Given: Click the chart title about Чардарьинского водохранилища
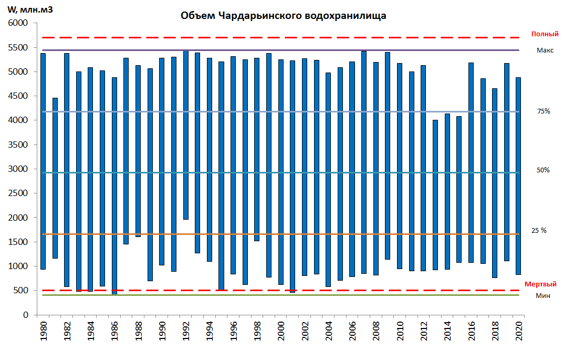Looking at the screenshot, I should pos(283,16).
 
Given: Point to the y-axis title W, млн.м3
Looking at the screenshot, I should pos(30,9).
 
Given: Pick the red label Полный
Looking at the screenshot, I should pos(545,34).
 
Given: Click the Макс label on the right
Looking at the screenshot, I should pos(545,50).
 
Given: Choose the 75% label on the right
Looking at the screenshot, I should pos(544,111).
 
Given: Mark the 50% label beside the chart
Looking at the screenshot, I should pos(543,170).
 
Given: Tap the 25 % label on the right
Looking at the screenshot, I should pos(539,230).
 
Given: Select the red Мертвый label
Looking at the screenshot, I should pos(540,284).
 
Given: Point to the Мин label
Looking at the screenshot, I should pos(543,295).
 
